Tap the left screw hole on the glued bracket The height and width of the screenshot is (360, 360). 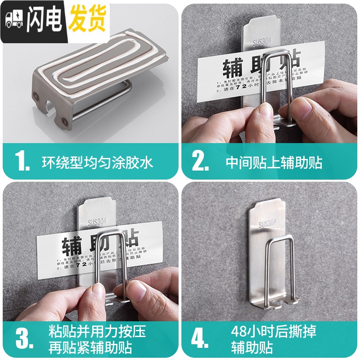36,95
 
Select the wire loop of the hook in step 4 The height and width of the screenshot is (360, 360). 279,270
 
